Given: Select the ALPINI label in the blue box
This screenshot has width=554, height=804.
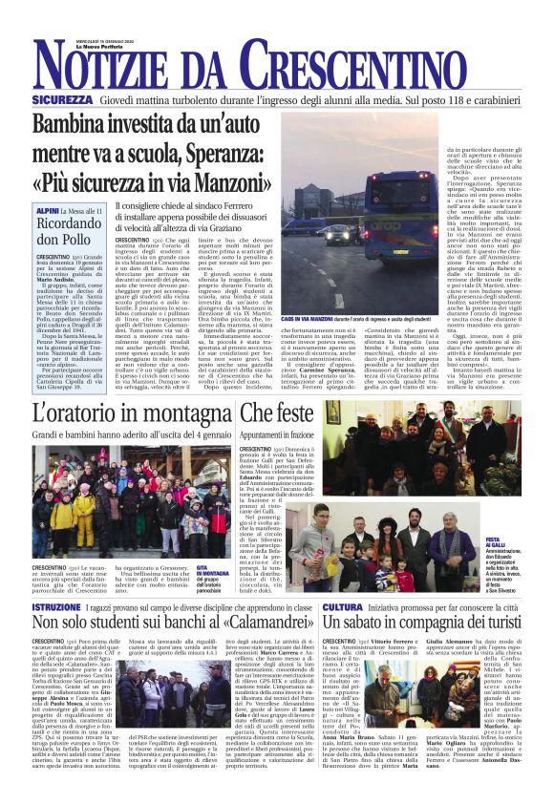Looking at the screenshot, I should [48, 208].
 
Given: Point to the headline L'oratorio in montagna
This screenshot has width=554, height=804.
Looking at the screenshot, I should [131, 413].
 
